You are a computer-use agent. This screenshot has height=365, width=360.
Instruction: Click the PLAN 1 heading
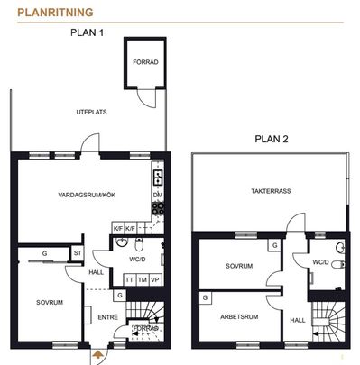pyautogui.click(x=88, y=32)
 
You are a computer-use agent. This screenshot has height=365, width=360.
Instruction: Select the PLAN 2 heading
pyautogui.click(x=271, y=139)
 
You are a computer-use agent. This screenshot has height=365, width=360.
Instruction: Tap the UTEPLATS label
pyautogui.click(x=92, y=112)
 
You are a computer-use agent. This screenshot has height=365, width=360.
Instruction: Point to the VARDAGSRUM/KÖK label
pyautogui.click(x=87, y=195)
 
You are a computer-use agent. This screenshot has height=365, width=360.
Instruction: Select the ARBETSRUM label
pyautogui.click(x=239, y=315)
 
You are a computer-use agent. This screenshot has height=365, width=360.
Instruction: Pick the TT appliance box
pyautogui.click(x=129, y=280)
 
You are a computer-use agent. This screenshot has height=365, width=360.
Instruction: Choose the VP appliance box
pyautogui.click(x=154, y=280)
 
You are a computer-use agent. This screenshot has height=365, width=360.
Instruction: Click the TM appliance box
pyautogui.click(x=142, y=280)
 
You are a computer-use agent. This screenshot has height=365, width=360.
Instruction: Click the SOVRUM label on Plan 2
pyautogui.click(x=239, y=266)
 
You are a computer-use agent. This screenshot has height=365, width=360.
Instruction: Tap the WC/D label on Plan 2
pyautogui.click(x=320, y=262)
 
